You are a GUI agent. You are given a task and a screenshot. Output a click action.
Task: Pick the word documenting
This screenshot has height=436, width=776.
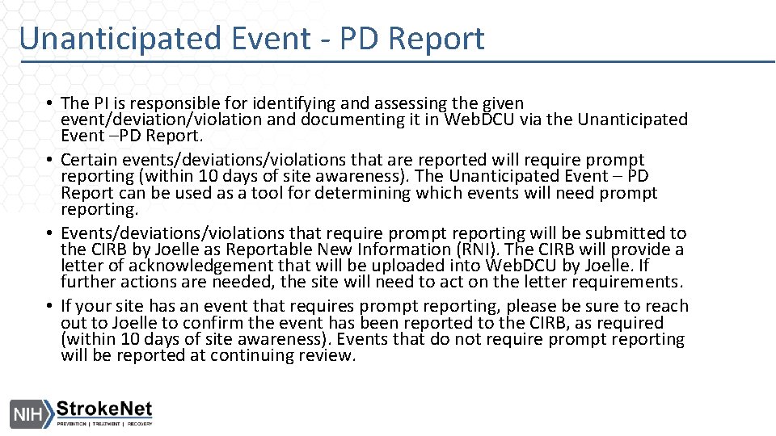pos(350,120)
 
